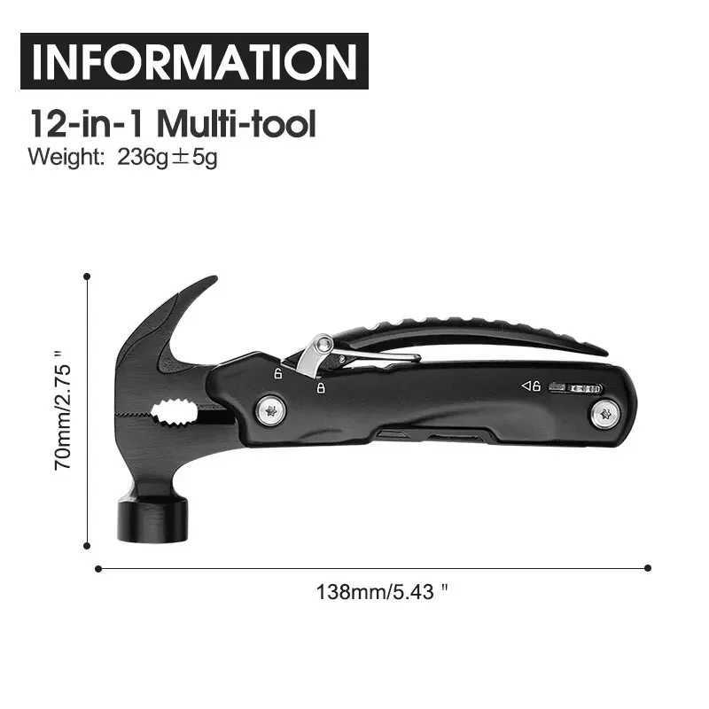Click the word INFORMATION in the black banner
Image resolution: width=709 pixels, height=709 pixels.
point(193,61)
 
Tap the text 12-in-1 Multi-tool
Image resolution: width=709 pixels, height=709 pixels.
point(173,123)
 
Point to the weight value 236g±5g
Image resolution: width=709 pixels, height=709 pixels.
point(168,159)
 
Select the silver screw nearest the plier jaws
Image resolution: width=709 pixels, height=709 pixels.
point(269,409)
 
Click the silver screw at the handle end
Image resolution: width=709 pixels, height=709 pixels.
point(605,413)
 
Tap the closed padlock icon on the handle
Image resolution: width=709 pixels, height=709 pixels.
point(320,386)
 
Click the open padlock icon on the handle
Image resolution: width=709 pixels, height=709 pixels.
point(277,374)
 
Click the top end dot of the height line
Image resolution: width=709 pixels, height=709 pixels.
point(87,277)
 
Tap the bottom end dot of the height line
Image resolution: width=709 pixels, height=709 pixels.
point(87,547)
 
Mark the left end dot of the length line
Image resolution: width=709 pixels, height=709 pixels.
point(97,568)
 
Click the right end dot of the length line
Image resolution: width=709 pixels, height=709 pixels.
point(648,568)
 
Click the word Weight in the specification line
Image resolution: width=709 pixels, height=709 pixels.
point(67,159)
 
